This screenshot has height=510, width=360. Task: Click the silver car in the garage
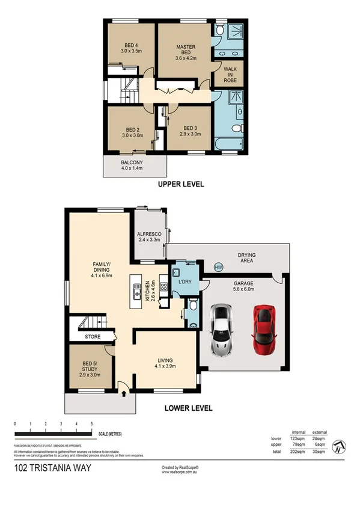pos(221,330)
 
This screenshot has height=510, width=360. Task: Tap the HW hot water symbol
pos(218,267)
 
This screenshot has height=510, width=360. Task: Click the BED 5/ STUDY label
pos(88,367)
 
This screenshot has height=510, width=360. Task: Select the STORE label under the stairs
pos(93,337)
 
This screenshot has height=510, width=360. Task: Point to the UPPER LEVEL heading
pos(180,185)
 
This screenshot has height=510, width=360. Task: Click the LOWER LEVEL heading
pos(188,408)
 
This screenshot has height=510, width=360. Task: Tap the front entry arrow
pos(124,394)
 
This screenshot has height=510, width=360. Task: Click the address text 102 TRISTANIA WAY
pos(52,467)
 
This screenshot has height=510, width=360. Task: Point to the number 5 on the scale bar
pos(91,425)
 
